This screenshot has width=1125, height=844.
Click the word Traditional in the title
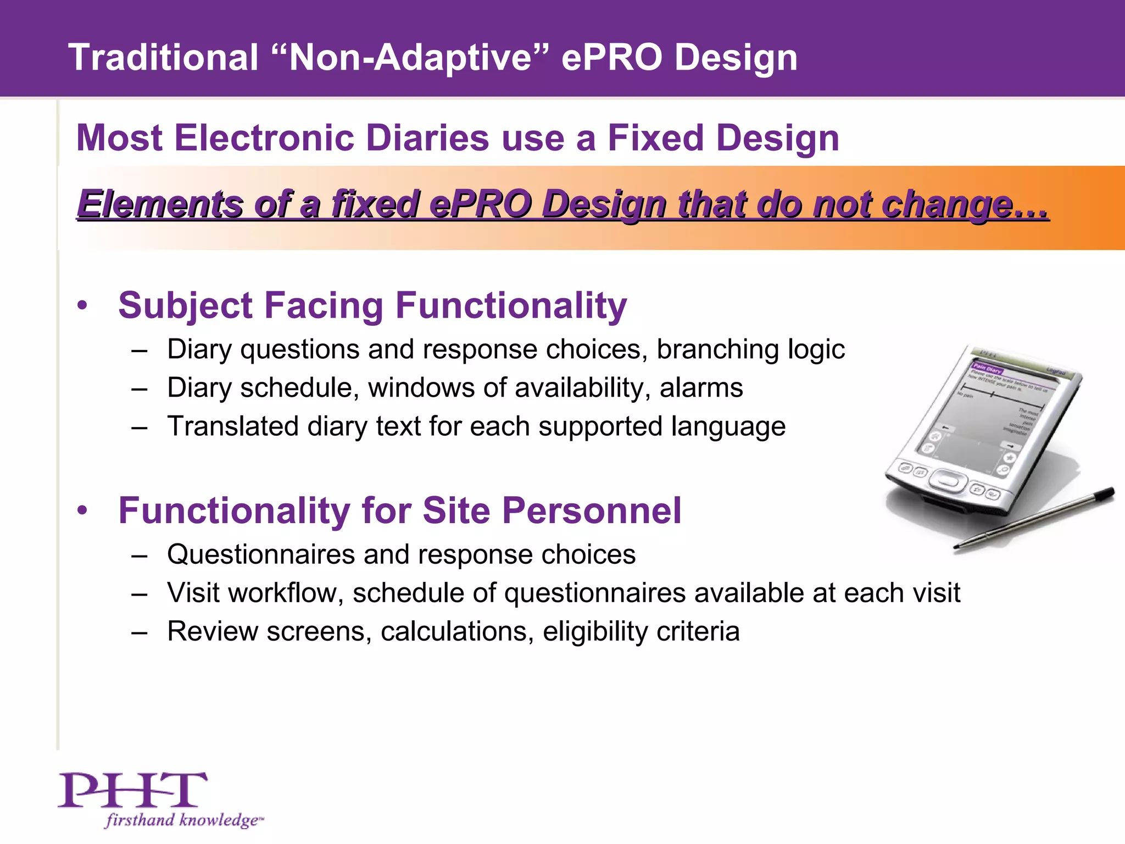pos(163,57)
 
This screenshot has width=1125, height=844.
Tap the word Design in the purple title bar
pos(736,58)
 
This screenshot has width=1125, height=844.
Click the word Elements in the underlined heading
pos(160,204)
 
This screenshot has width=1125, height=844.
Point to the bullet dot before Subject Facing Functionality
pos(82,306)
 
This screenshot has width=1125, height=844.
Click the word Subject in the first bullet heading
pos(185,306)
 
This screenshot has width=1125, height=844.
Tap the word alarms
pos(701,388)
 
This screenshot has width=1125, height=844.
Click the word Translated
pos(232,426)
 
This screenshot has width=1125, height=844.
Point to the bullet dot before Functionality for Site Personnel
pos(82,510)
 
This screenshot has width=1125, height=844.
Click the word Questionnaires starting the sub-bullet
pos(260,554)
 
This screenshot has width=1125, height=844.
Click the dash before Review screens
pos(140,631)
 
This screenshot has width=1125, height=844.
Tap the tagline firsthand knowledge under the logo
pos(183,820)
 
